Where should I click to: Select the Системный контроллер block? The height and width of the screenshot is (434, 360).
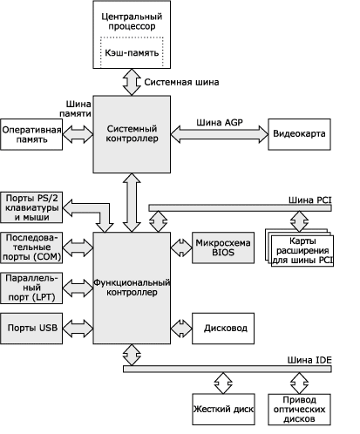click(x=132, y=134)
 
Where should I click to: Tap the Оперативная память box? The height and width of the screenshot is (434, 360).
click(x=31, y=134)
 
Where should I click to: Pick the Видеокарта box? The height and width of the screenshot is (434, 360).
click(x=299, y=134)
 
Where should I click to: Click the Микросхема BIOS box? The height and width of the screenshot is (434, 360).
click(x=223, y=248)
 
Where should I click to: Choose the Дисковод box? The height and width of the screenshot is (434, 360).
click(x=223, y=329)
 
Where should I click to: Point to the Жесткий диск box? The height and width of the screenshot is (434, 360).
click(x=223, y=410)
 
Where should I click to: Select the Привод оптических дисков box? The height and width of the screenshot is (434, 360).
click(x=299, y=410)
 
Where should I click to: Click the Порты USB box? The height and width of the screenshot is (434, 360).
click(x=31, y=329)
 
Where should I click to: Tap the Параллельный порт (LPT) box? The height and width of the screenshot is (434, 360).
click(x=31, y=288)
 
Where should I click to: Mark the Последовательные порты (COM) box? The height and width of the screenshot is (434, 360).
click(x=31, y=248)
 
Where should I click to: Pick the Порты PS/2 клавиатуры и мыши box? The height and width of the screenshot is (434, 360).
click(x=31, y=207)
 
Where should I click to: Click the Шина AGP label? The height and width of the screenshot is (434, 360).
click(x=220, y=123)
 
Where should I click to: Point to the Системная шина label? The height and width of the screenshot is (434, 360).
click(x=181, y=82)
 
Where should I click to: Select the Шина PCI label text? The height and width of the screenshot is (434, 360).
click(x=309, y=200)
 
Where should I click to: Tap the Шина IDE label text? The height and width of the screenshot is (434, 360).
click(x=309, y=360)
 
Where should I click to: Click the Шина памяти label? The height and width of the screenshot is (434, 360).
click(x=75, y=109)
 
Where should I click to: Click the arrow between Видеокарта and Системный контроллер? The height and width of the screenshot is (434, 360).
click(x=220, y=134)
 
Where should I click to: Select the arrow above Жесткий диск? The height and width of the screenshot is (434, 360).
click(x=223, y=383)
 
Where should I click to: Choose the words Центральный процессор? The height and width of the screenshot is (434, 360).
click(x=132, y=21)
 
